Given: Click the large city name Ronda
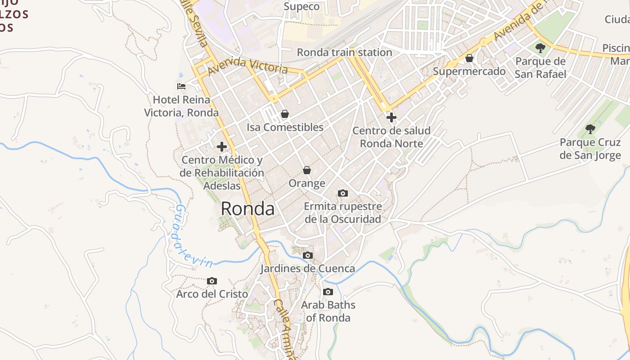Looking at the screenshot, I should pyautogui.click(x=247, y=209).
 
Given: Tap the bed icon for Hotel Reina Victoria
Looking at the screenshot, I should pyautogui.click(x=181, y=86).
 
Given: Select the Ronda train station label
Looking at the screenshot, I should pyautogui.click(x=345, y=52).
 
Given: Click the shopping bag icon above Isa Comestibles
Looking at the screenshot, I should pyautogui.click(x=284, y=114).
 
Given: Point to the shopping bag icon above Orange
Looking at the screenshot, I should pyautogui.click(x=307, y=170).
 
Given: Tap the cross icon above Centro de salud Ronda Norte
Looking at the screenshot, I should pyautogui.click(x=391, y=117).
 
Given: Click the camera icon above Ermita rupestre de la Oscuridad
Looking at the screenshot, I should pyautogui.click(x=343, y=193).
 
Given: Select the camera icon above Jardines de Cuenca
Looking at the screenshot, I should pyautogui.click(x=308, y=255).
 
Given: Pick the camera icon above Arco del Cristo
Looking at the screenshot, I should pyautogui.click(x=212, y=281).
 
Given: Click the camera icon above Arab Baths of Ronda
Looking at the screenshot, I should pyautogui.click(x=328, y=292).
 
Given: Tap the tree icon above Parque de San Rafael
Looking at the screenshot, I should pyautogui.click(x=540, y=48).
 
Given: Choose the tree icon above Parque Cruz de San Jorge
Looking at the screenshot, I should pyautogui.click(x=590, y=129).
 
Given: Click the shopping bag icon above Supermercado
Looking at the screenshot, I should pyautogui.click(x=469, y=58).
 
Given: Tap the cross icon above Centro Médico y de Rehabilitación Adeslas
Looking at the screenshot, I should pyautogui.click(x=222, y=146).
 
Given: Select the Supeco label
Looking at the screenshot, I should pyautogui.click(x=301, y=6).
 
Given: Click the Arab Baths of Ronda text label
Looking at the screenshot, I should pyautogui.click(x=328, y=311).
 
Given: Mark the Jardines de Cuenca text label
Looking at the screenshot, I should pyautogui.click(x=308, y=269).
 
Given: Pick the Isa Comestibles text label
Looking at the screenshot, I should pyautogui.click(x=285, y=127).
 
